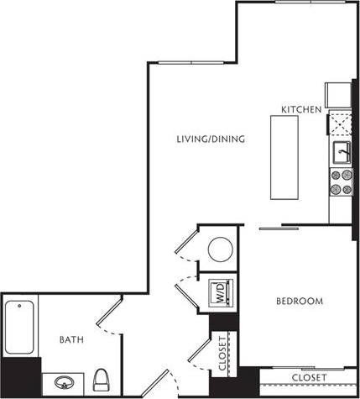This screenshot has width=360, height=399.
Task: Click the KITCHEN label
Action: tap(300, 110)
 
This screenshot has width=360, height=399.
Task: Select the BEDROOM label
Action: tap(300, 300)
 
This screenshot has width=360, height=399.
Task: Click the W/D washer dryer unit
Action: tap(220, 293)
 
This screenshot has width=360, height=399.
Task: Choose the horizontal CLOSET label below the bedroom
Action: tap(309, 378)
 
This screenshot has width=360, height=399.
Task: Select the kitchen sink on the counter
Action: tap(342, 153)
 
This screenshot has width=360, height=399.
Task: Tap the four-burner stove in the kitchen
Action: tap(342, 182)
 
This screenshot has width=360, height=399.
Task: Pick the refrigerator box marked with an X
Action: tap(341, 125)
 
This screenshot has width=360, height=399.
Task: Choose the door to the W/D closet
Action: tap(185, 291)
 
